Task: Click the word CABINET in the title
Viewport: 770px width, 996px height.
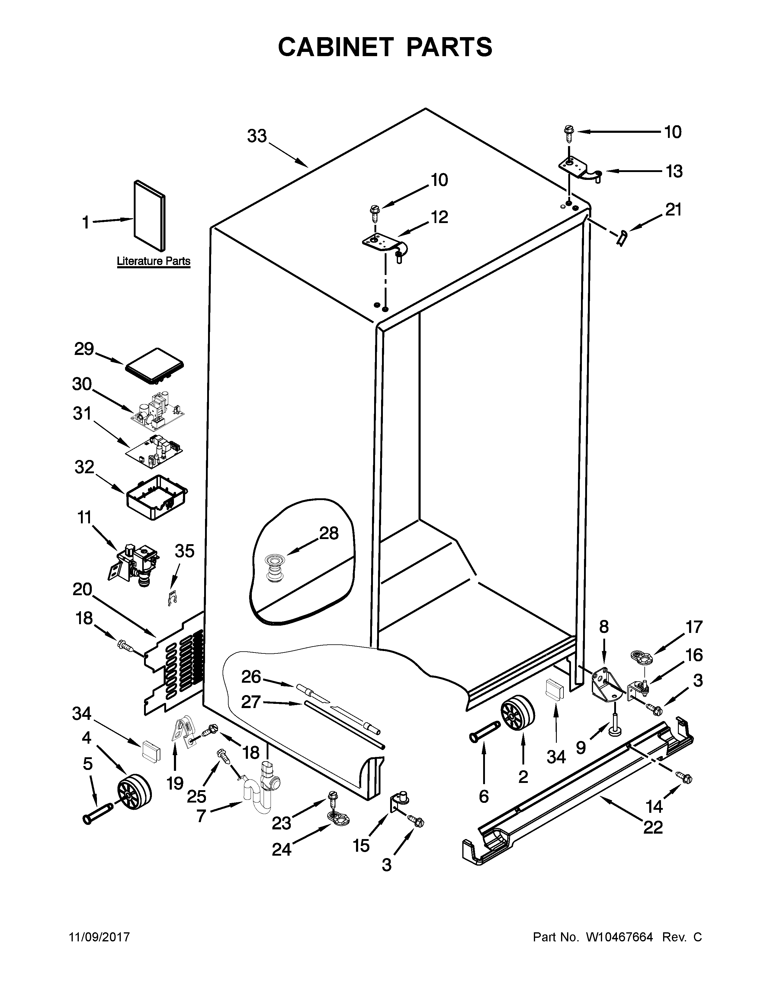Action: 335,47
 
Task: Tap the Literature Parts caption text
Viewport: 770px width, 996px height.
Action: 153,261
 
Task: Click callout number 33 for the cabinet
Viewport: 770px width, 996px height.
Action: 257,136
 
